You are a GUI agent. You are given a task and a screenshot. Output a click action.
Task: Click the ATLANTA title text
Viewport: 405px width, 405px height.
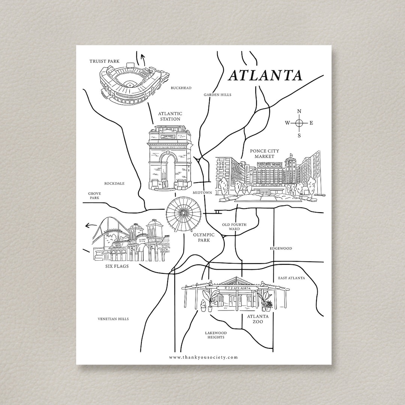click(x=265, y=75)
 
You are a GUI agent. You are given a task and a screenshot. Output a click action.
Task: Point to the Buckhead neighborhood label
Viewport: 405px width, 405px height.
click(x=181, y=88)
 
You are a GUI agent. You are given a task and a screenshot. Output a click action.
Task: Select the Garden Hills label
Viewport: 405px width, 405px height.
click(x=217, y=95)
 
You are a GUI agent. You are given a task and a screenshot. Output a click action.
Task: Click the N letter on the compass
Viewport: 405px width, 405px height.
click(x=299, y=111)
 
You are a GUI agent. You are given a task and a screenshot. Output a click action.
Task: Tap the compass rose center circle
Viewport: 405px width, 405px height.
click(x=299, y=123)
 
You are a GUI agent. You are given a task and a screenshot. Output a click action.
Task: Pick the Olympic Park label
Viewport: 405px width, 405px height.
click(x=204, y=237)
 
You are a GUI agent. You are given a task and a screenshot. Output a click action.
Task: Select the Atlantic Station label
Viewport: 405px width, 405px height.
click(x=170, y=116)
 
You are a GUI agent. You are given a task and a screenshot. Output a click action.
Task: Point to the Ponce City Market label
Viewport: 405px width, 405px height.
click(x=264, y=153)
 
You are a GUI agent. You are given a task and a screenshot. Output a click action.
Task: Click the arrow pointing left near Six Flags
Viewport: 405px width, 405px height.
click(x=89, y=226)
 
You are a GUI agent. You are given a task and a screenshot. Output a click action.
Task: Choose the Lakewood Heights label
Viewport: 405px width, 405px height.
click(x=216, y=335)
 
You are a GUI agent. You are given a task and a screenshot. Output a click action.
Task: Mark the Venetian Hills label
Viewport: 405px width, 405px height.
click(x=113, y=319)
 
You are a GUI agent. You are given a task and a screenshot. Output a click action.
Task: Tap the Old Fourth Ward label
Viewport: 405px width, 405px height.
click(x=234, y=227)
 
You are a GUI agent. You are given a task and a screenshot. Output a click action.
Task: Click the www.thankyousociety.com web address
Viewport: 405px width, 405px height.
click(x=203, y=357)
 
